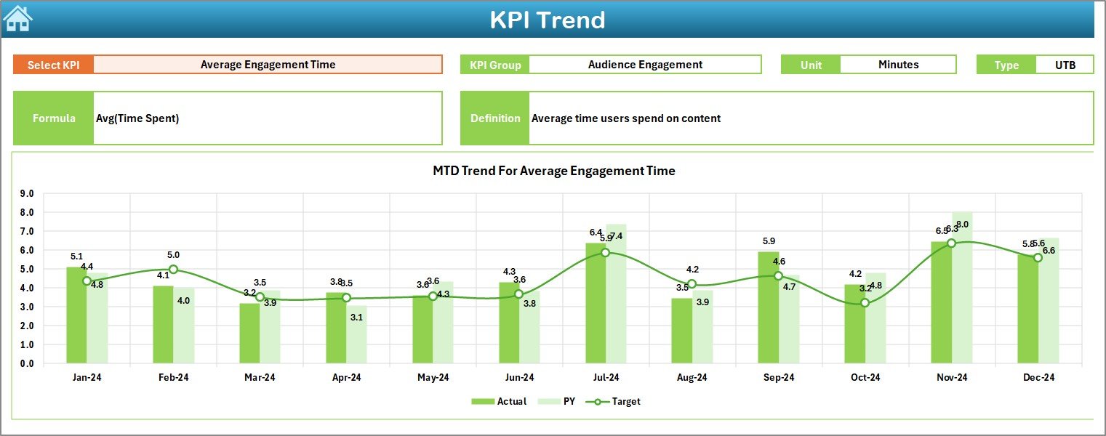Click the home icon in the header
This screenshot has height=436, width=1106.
click(17, 19)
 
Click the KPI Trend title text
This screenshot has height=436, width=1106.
click(547, 20)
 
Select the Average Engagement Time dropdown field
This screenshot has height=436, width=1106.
click(268, 65)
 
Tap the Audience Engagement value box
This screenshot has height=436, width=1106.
click(644, 65)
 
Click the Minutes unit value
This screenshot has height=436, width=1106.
click(898, 65)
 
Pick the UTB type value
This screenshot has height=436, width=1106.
click(1065, 65)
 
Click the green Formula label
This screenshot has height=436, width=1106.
click(54, 118)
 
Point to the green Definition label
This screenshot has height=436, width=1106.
click(495, 118)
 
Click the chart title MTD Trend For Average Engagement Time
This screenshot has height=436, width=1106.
click(553, 171)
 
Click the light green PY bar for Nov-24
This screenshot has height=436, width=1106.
click(962, 291)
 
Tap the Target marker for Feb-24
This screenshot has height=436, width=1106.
click(173, 269)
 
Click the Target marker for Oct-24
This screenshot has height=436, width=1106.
click(865, 302)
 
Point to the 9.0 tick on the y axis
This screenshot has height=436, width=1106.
click(27, 194)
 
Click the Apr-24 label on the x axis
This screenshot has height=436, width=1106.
click(346, 378)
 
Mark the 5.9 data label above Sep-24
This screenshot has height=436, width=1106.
click(769, 241)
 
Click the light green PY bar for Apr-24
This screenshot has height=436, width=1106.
click(356, 334)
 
